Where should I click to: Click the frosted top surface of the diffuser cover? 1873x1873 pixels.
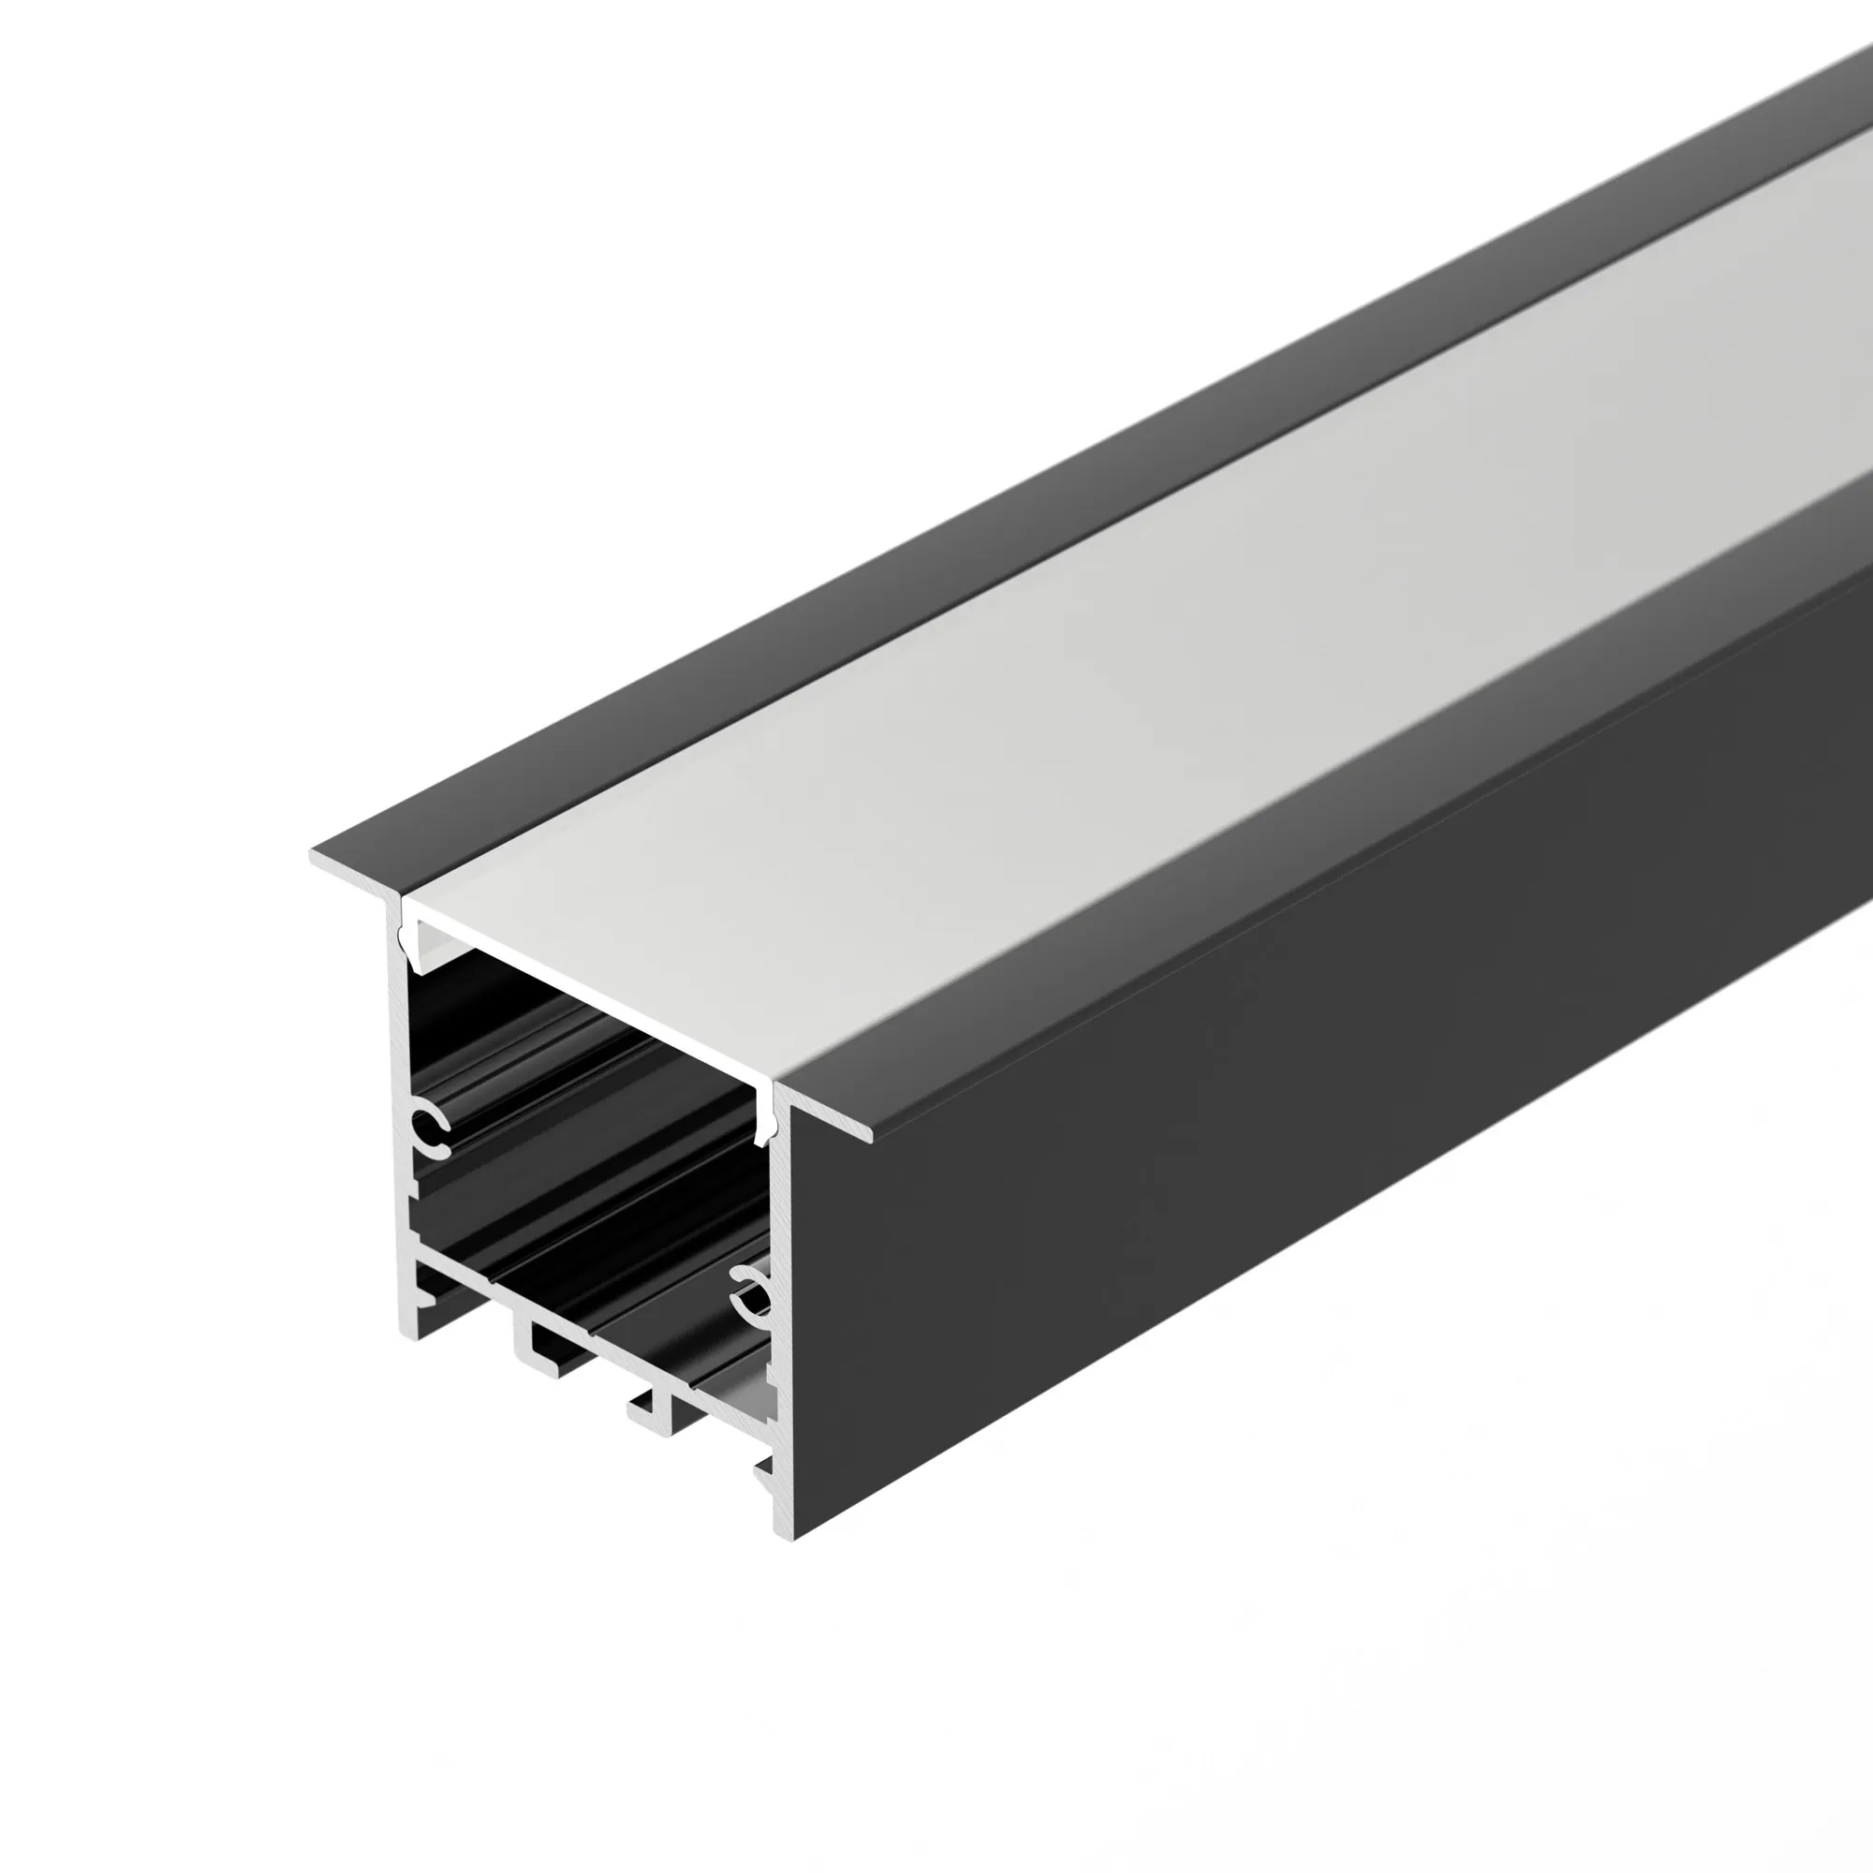pyautogui.click(x=1067, y=679)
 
